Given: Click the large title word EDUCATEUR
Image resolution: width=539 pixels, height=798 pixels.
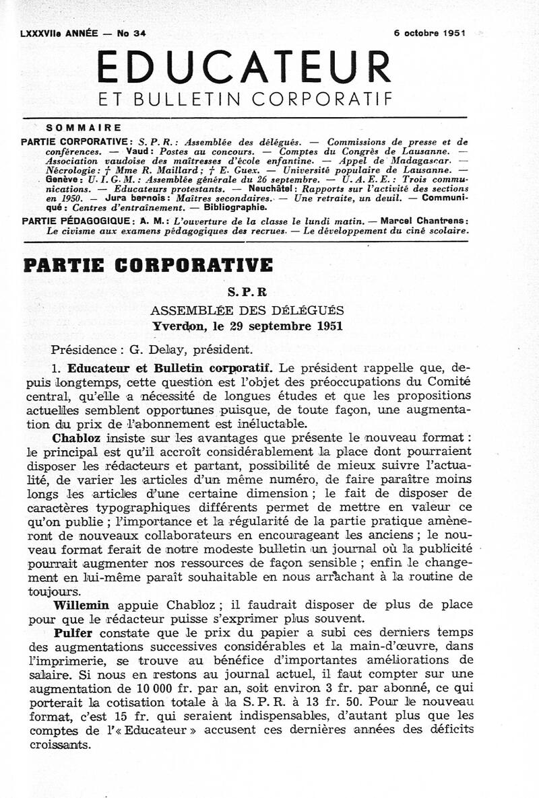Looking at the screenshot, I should [244, 68].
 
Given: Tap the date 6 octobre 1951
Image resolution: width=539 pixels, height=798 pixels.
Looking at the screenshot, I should [431, 33].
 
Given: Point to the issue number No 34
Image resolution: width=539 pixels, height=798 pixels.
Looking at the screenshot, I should [131, 33].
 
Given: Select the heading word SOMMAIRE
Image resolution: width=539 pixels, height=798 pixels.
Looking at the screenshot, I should [84, 127].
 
